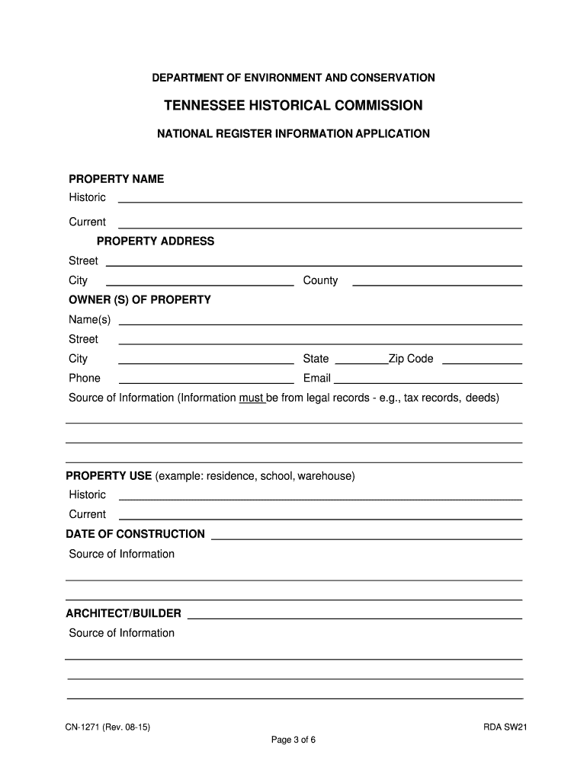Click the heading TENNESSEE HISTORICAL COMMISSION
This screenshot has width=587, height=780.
293,105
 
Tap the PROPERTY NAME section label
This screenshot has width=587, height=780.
116,179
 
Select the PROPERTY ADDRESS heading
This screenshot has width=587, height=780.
156,241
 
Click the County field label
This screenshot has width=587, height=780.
320,280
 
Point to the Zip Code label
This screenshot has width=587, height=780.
411,359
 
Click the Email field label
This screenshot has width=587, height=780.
316,379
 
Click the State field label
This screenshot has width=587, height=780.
316,359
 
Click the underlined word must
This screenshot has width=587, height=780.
251,398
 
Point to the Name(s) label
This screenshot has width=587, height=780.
89,319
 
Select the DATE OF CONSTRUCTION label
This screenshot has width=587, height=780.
136,534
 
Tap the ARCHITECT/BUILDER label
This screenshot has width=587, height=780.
123,613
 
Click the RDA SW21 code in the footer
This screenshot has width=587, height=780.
505,727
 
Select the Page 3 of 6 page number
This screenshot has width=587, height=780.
293,741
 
